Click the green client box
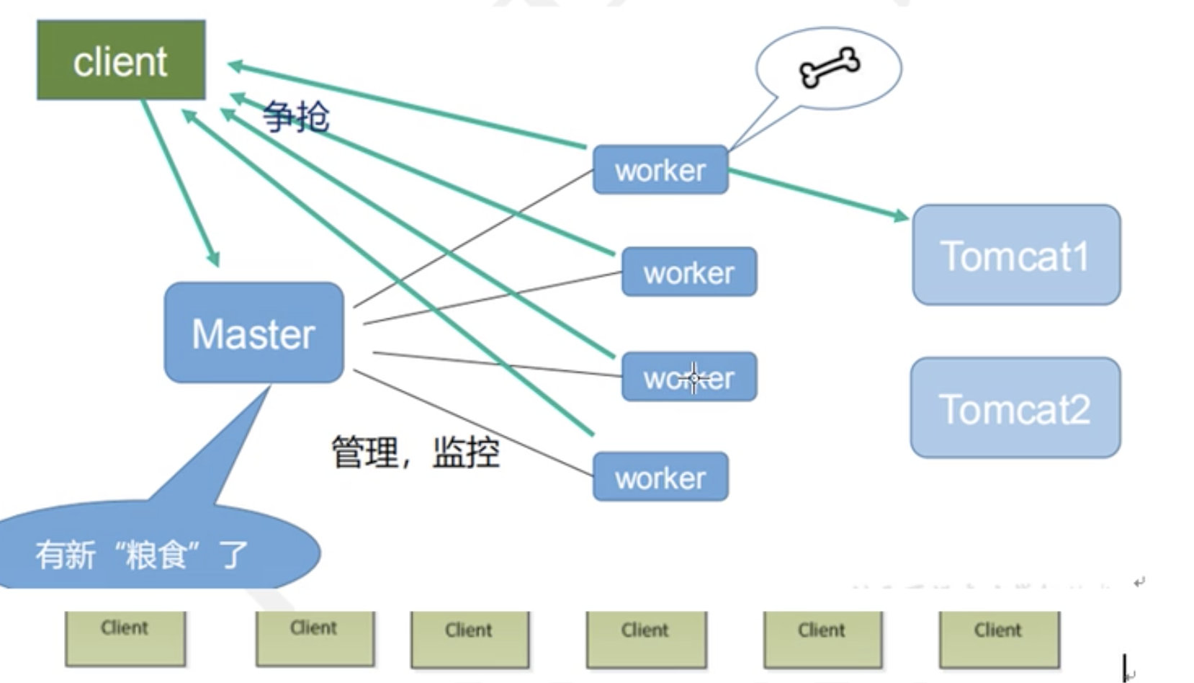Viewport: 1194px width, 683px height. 121,61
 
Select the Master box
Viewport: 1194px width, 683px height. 253,333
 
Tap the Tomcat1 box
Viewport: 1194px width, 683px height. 1015,255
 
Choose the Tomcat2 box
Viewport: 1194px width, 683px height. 1015,408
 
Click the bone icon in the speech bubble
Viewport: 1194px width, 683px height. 829,68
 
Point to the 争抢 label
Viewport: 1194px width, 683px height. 296,117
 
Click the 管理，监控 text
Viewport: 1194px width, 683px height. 415,452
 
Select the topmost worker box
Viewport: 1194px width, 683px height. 660,170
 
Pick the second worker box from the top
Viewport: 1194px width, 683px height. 688,272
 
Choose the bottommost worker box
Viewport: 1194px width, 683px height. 660,477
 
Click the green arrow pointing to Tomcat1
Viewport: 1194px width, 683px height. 818,192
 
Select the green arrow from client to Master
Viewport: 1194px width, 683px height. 180,184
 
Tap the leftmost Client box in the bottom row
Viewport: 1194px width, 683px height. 125,638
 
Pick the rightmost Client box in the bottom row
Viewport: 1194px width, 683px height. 999,639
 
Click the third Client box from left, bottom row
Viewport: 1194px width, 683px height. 469,639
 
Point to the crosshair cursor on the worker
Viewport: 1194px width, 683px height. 693,378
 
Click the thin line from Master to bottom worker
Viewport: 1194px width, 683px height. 475,425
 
